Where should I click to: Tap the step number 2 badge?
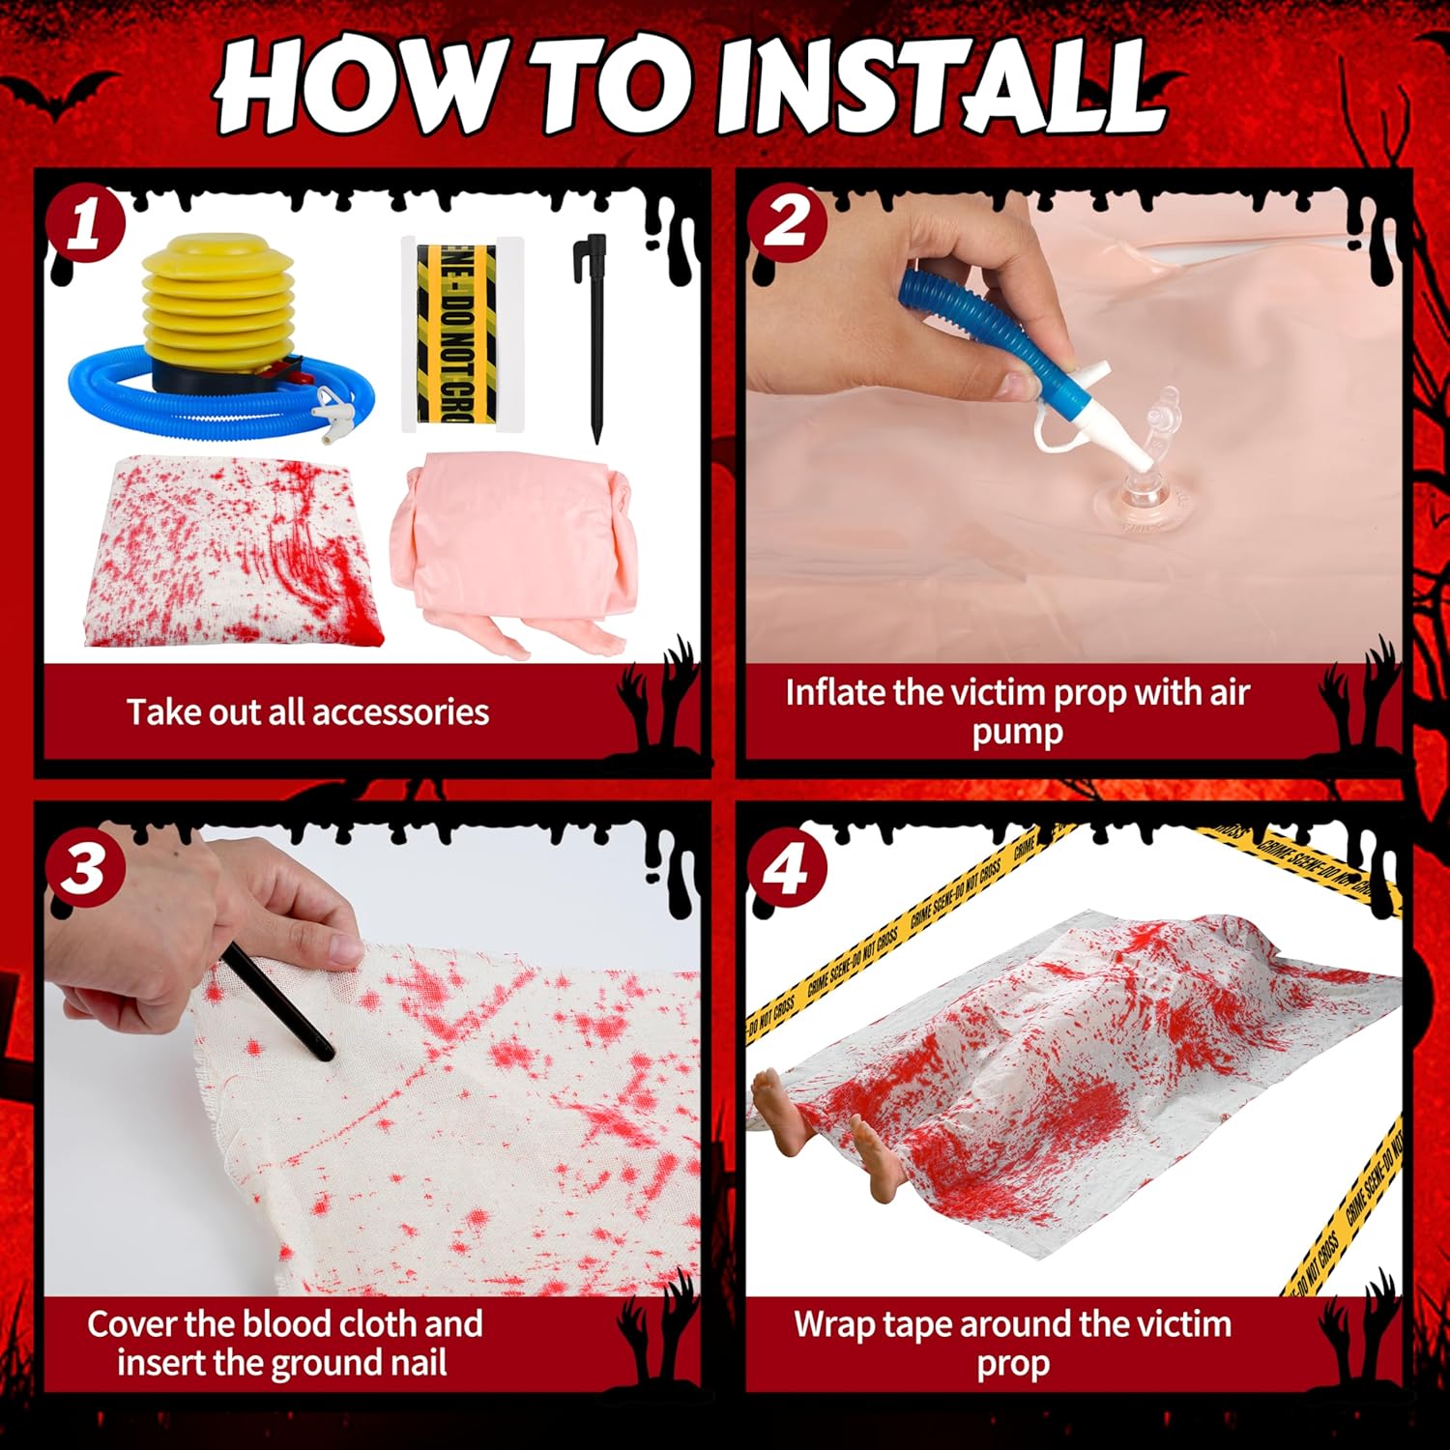click(787, 221)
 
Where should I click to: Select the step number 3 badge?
click(86, 866)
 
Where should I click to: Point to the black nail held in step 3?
click(278, 1001)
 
